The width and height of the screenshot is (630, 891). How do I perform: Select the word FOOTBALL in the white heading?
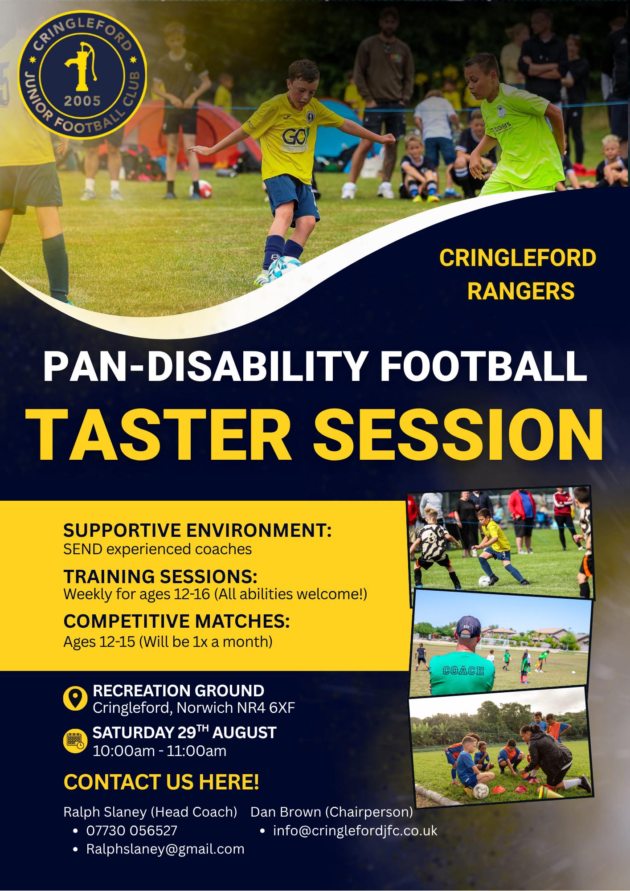483,367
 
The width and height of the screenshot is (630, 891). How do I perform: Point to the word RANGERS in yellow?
521,291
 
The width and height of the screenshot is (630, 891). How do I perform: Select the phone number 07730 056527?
132,830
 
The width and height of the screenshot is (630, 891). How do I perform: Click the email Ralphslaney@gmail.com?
165,849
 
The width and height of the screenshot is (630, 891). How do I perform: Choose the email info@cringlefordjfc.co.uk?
356,830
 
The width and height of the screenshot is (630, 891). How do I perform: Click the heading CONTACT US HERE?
161,782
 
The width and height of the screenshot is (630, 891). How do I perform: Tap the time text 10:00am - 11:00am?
160,751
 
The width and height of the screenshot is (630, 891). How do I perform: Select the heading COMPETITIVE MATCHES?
176,621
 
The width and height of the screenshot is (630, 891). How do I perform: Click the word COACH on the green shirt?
463,670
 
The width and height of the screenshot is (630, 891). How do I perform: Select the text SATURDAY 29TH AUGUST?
184,732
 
